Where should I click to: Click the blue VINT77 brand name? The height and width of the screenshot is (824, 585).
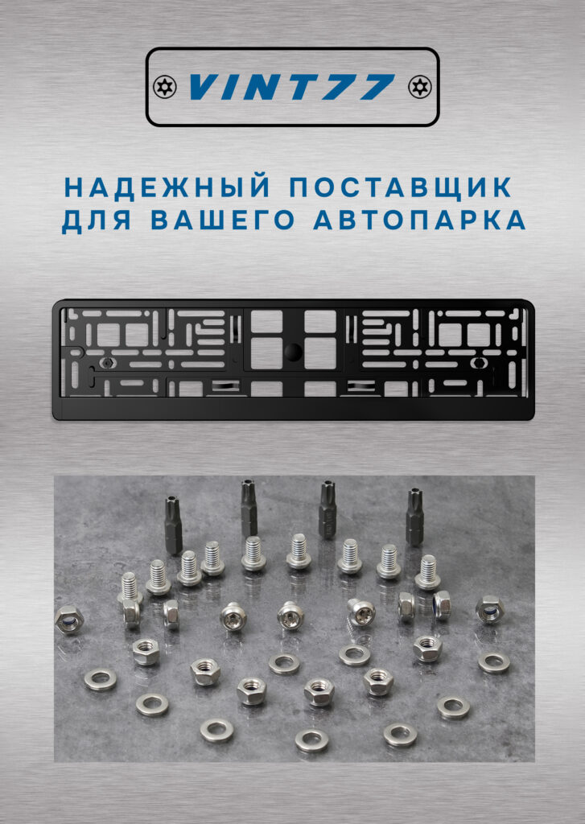pos(292,87)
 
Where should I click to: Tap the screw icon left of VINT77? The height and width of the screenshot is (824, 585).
pos(164,86)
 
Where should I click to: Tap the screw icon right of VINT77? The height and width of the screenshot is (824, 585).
pos(419,86)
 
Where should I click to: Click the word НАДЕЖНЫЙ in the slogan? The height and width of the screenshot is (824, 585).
pos(167,187)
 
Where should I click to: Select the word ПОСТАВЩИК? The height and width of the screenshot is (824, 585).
pos(401,187)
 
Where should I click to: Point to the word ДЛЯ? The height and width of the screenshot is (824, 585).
pos(97,221)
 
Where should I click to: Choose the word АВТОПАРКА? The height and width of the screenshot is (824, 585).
pos(419,220)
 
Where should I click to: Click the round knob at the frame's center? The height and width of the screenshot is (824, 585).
pos(293,352)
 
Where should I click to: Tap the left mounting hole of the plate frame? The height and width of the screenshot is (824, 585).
pos(107,362)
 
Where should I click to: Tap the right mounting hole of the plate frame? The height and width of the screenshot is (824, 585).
pos(479,361)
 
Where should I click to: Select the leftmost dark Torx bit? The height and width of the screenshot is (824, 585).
pos(174,525)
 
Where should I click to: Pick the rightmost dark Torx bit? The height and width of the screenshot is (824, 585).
pos(414,517)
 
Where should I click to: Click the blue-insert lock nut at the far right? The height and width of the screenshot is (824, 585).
pos(490,610)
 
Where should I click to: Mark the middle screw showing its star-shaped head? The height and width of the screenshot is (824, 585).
pos(290,616)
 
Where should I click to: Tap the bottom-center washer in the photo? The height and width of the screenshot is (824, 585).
pos(311,740)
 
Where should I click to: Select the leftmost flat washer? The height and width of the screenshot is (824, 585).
pos(101,679)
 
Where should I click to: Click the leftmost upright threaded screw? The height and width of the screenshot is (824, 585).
pos(130,588)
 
